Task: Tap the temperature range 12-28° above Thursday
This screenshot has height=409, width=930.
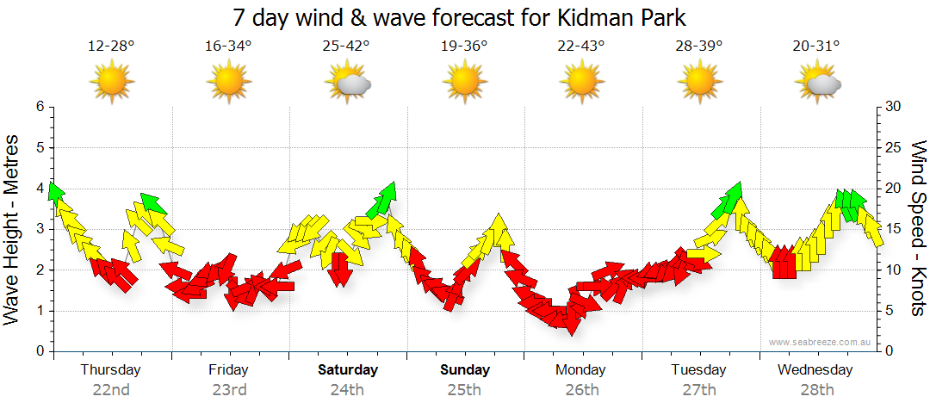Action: (111, 46)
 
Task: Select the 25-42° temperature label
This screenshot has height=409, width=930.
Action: (346, 46)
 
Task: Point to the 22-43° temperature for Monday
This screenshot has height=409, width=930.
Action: (581, 46)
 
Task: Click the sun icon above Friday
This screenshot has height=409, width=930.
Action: (229, 84)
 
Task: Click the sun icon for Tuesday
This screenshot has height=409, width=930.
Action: (699, 84)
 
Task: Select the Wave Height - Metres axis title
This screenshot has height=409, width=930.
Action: (14, 228)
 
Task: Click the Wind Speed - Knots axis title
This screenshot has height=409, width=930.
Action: (917, 228)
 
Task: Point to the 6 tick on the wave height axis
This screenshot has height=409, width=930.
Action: (39, 107)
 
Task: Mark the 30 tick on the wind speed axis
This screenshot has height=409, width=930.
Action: (893, 107)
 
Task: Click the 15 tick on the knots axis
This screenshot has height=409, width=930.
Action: (893, 229)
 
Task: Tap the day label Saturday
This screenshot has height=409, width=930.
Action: (347, 370)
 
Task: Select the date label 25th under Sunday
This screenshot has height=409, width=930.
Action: (465, 390)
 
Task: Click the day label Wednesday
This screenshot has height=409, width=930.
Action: (815, 370)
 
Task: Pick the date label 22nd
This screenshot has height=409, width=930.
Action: (111, 390)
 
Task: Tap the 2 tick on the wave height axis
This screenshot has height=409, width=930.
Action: (39, 270)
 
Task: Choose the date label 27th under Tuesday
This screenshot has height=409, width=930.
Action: (699, 390)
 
